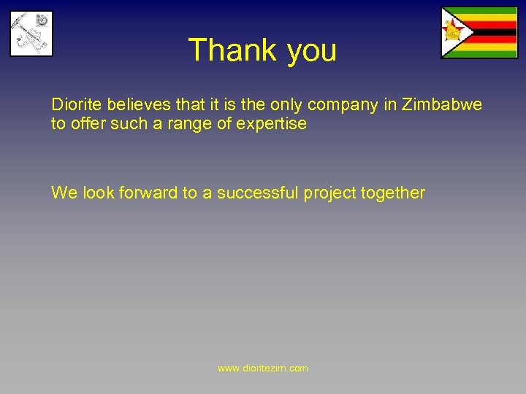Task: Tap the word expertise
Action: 271,124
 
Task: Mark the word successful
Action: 258,193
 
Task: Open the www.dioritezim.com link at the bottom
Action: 263,368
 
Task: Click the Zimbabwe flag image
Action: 479,33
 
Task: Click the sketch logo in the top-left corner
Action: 31,33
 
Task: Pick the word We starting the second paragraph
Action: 64,193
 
